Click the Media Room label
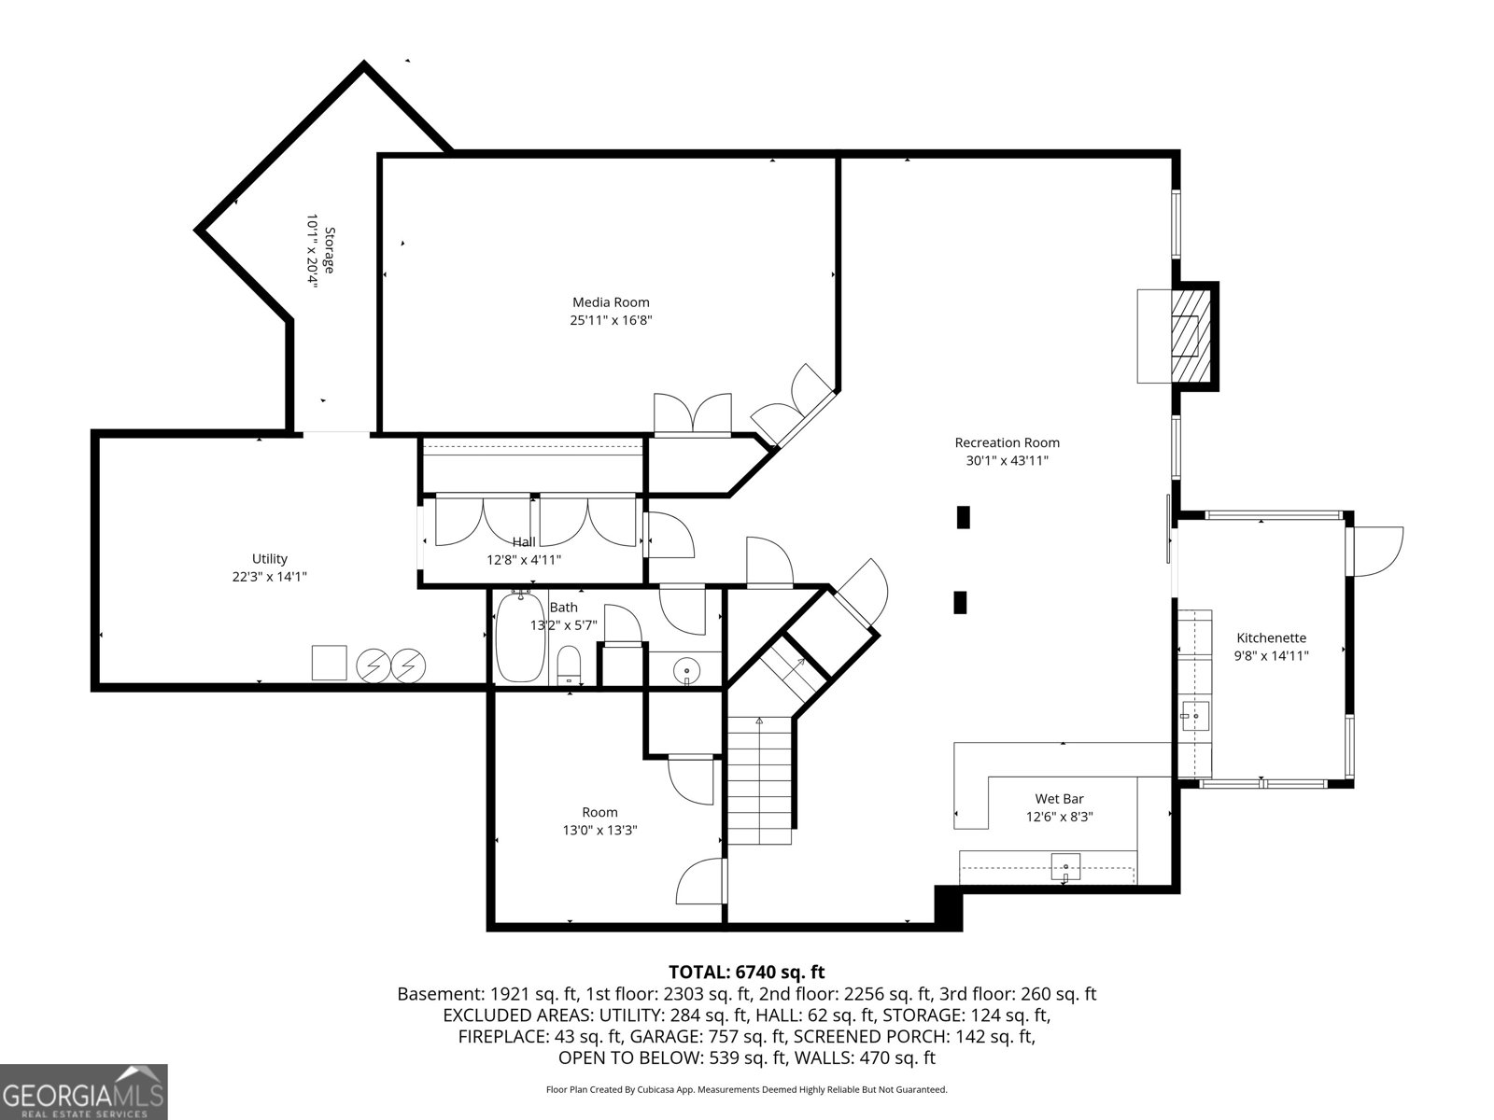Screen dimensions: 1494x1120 point(611,301)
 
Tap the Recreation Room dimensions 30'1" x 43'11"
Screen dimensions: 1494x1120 point(1007,460)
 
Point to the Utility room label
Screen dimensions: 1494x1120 point(270,558)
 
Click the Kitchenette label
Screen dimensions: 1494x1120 point(1272,637)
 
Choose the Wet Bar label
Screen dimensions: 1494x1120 point(1059,798)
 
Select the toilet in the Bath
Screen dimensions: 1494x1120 point(569,666)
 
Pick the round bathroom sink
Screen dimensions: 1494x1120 point(686,672)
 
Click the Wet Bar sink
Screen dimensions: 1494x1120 point(1066,866)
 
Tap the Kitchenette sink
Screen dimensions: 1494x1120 point(1194,716)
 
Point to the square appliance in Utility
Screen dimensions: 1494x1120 point(330,663)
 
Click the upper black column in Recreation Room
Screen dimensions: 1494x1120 point(963,517)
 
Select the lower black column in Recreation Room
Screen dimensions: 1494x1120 point(960,603)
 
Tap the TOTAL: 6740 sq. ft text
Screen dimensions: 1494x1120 point(747,972)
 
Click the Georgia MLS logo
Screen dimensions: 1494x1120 point(83,1091)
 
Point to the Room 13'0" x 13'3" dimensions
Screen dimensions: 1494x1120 point(599,830)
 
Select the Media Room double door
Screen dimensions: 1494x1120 point(692,413)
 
